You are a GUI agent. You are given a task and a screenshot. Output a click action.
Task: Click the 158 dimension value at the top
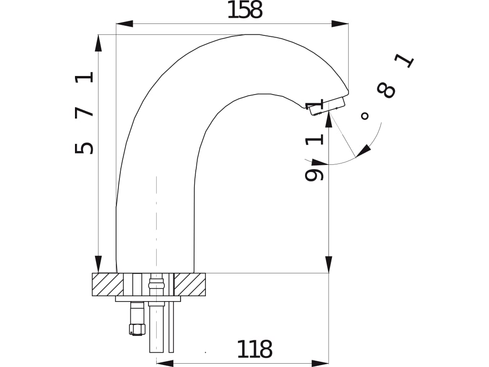pos(244,11)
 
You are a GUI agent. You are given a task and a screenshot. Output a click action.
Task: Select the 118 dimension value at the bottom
pos(255,350)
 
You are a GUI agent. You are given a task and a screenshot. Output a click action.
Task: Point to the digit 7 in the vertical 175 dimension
pos(85,112)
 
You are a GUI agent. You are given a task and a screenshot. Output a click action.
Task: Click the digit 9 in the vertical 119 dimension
pos(314,175)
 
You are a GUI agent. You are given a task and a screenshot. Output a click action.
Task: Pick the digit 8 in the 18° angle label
pos(386,90)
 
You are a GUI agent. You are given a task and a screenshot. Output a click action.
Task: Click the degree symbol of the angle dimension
pos(365,116)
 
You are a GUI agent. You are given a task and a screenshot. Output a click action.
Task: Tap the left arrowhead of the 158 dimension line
pos(124,23)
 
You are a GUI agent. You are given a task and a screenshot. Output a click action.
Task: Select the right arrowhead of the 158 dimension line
pos(340,23)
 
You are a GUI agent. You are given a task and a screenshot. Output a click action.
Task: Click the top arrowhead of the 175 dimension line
pos(98,43)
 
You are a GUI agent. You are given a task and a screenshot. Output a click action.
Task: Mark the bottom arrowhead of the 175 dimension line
pos(98,264)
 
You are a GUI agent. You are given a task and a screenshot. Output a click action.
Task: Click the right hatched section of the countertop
pos(190,284)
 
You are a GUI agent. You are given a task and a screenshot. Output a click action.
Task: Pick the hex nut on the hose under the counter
pos(137,328)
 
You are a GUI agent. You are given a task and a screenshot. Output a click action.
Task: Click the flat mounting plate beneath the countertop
pos(148,299)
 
